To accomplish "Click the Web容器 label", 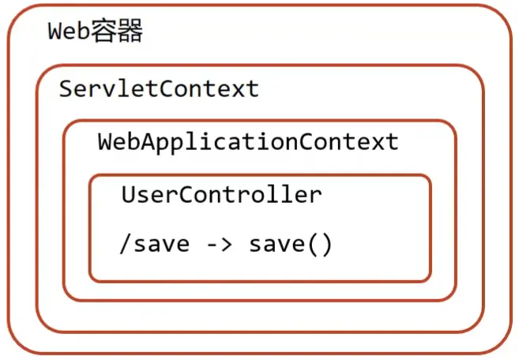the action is click(96, 31).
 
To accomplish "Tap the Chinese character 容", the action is click(103, 31).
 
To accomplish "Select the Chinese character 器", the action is click(130, 31).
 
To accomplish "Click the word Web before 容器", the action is click(69, 31).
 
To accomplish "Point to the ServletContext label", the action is click(159, 88).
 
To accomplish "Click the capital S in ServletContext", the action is click(66, 88).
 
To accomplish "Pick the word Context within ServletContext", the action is click(209, 88).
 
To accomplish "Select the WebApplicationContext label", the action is click(248, 142).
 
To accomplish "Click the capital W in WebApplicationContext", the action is click(106, 141).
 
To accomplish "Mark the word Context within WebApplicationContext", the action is click(349, 141).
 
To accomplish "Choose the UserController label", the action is click(221, 194).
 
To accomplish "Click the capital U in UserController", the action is click(128, 194).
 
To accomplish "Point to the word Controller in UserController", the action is click(250, 194).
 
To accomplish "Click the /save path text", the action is click(154, 245).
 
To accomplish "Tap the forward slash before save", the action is click(126, 245).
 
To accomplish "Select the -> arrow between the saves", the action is click(219, 245).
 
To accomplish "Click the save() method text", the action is click(290, 245).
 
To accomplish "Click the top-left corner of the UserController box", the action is click(91, 176).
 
